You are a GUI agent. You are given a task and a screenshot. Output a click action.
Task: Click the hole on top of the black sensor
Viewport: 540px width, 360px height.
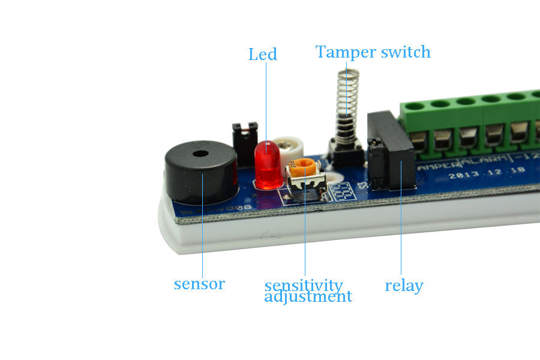[x=200, y=154]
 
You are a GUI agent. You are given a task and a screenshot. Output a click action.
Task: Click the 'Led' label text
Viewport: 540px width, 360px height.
[x=263, y=55]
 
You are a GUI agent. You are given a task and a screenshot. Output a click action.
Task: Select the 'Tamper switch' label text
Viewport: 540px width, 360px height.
[x=373, y=52]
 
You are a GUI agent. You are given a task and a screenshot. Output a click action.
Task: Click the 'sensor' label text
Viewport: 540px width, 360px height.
[x=199, y=284]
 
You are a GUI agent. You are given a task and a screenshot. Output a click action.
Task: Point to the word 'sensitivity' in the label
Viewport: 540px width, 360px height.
[x=304, y=285]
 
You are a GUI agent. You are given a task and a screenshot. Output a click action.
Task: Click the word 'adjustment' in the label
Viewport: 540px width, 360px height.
[x=308, y=296]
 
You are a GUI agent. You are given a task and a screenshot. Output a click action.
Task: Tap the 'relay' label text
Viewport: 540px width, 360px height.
[x=404, y=286]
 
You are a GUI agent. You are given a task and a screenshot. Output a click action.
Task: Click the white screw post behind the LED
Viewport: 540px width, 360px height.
[x=292, y=145]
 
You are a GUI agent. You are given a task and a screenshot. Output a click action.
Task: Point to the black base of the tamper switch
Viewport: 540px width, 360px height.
[x=344, y=153]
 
